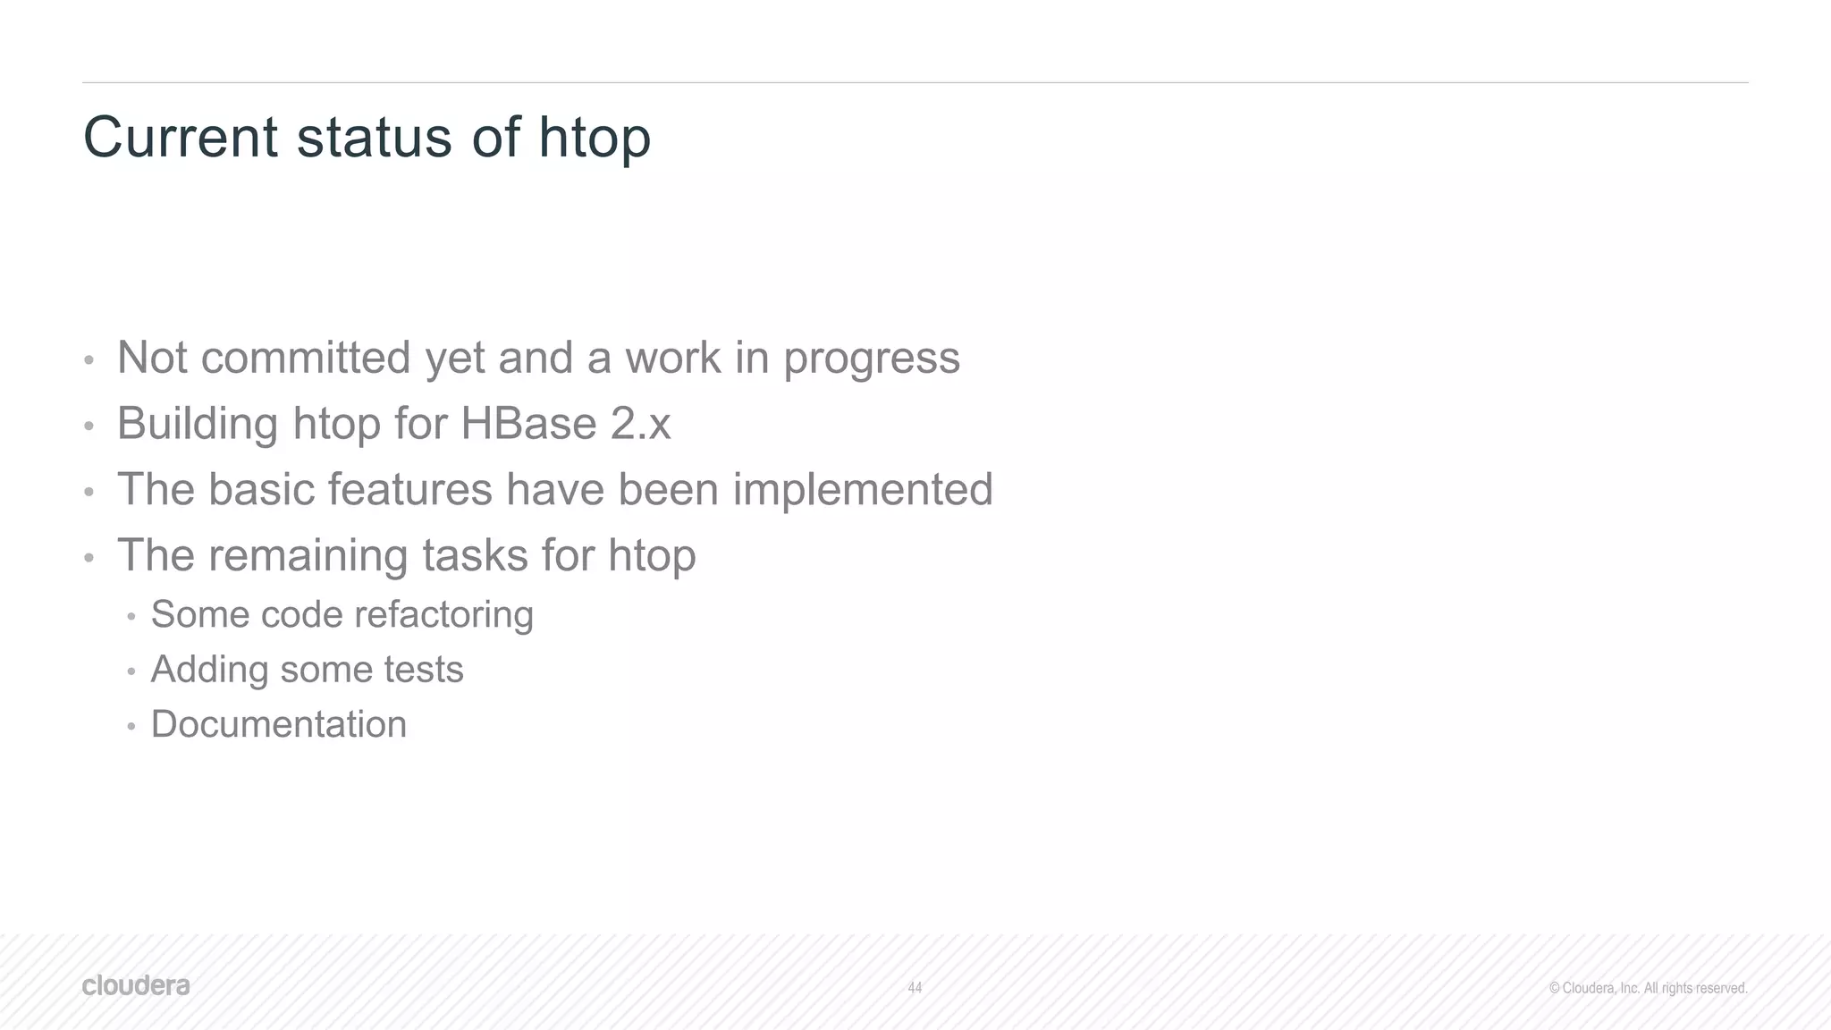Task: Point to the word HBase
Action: (528, 423)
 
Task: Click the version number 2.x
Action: (640, 424)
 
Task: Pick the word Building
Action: (198, 424)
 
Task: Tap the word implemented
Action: (863, 490)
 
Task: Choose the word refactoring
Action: (443, 615)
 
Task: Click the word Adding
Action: (209, 671)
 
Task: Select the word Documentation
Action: (279, 724)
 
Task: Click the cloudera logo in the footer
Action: (136, 985)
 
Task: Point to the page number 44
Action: (915, 988)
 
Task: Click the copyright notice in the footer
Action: (1648, 988)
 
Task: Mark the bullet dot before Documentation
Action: (131, 727)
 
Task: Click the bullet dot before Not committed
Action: (89, 360)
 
